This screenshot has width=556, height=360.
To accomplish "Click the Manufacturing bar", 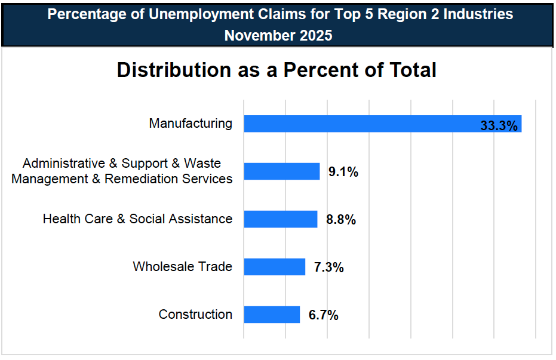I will click(382, 124).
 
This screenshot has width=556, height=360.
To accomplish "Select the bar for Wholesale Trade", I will click(275, 267).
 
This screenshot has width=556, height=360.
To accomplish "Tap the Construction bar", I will click(272, 315).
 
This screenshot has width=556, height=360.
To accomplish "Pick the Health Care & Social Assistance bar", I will click(281, 219).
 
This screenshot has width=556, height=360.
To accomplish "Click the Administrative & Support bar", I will click(282, 171).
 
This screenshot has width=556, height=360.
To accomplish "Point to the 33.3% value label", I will click(499, 125).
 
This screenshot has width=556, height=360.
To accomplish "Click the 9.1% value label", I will click(343, 172).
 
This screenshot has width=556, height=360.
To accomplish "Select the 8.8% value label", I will click(341, 220).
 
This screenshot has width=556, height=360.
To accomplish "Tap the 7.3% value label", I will click(329, 267).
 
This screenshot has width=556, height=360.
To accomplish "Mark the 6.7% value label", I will click(324, 315).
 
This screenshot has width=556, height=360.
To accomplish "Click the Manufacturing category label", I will click(191, 124).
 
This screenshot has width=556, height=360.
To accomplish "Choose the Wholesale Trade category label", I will click(182, 266).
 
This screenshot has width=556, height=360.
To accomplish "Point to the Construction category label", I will click(195, 314).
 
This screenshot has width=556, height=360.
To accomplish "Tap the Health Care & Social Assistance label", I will click(137, 219).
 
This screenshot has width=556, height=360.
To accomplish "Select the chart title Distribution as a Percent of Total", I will click(277, 70).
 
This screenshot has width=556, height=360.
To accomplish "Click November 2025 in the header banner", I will click(278, 35).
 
